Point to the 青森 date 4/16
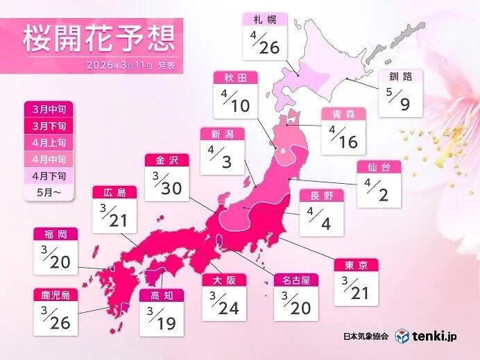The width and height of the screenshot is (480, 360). click(x=344, y=137)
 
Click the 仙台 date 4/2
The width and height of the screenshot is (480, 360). click(x=379, y=192)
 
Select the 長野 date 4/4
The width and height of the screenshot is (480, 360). click(x=321, y=221)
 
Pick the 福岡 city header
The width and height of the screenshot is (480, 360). click(x=55, y=234)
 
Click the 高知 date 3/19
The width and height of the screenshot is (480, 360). click(x=162, y=318)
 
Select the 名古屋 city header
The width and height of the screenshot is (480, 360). click(x=296, y=280)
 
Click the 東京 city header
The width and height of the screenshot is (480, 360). click(x=356, y=266)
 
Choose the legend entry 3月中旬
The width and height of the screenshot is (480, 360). click(x=46, y=110)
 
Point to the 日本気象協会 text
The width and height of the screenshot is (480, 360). click(x=366, y=336)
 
